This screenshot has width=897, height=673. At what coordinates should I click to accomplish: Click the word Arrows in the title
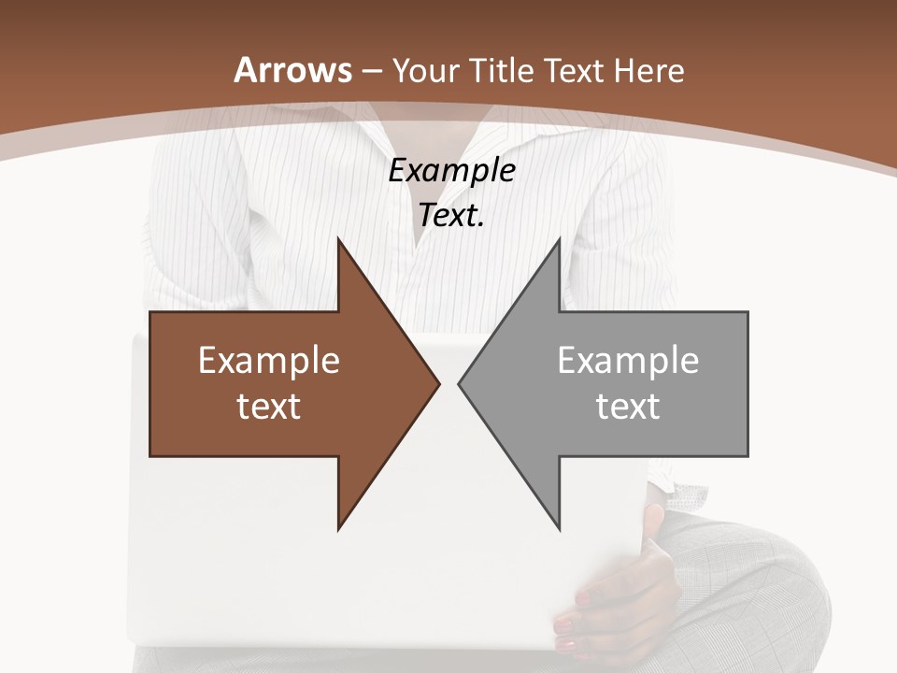[x=293, y=70]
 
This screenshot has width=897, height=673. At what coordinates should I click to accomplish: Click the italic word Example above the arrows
[x=452, y=171]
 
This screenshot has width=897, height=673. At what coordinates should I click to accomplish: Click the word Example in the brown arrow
[x=269, y=360]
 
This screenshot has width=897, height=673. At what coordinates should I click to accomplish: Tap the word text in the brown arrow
[x=269, y=406]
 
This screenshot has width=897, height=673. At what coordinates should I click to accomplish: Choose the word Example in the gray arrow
[x=628, y=360]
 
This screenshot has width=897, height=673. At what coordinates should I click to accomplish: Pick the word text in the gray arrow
[x=628, y=406]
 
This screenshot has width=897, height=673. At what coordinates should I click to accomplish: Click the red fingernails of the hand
[x=567, y=624]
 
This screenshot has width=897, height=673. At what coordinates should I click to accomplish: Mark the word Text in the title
[x=572, y=71]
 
